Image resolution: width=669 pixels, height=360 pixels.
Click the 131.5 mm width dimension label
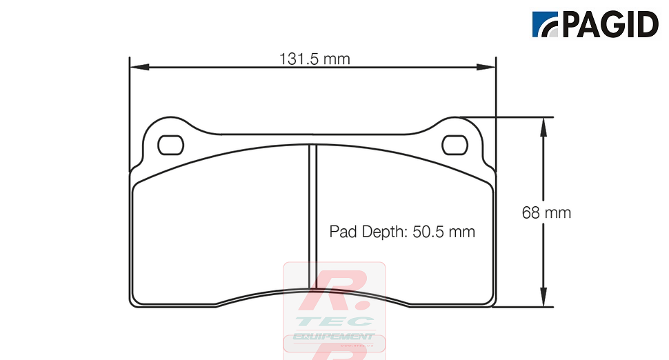pyautogui.click(x=314, y=59)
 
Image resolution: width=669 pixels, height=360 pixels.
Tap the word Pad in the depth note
pyautogui.click(x=342, y=232)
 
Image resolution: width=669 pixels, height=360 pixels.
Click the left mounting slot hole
pyautogui.click(x=170, y=145)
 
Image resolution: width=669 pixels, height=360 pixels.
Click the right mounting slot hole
pyautogui.click(x=455, y=145)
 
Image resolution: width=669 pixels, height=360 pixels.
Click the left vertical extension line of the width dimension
pyautogui.click(x=130, y=110)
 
